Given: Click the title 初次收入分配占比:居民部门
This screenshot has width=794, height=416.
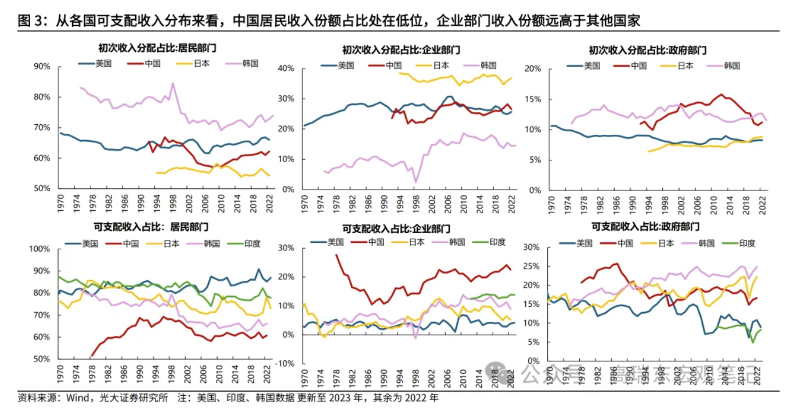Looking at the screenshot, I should pos(153,49).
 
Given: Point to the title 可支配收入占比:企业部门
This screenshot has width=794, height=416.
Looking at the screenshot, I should pos(398,229).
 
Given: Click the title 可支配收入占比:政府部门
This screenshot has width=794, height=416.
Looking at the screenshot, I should pos(645,227).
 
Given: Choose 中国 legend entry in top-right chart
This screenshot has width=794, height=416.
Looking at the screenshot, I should pos(638,66).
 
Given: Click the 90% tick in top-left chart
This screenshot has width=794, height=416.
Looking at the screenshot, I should pos(42,67).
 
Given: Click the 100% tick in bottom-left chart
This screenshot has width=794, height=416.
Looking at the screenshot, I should pos(40,249).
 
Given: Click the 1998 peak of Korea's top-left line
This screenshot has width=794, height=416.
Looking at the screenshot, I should pos(172,83).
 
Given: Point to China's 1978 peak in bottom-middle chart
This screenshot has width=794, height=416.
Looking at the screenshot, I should pos(336,254).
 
